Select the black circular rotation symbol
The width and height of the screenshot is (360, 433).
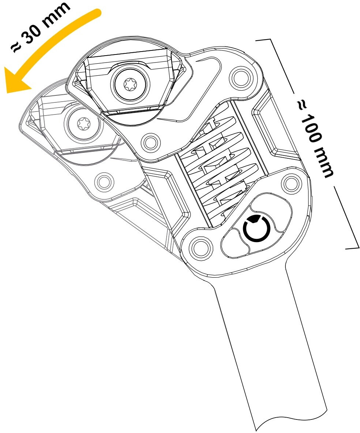point(257,229)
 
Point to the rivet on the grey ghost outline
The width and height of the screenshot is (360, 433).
point(103,181)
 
